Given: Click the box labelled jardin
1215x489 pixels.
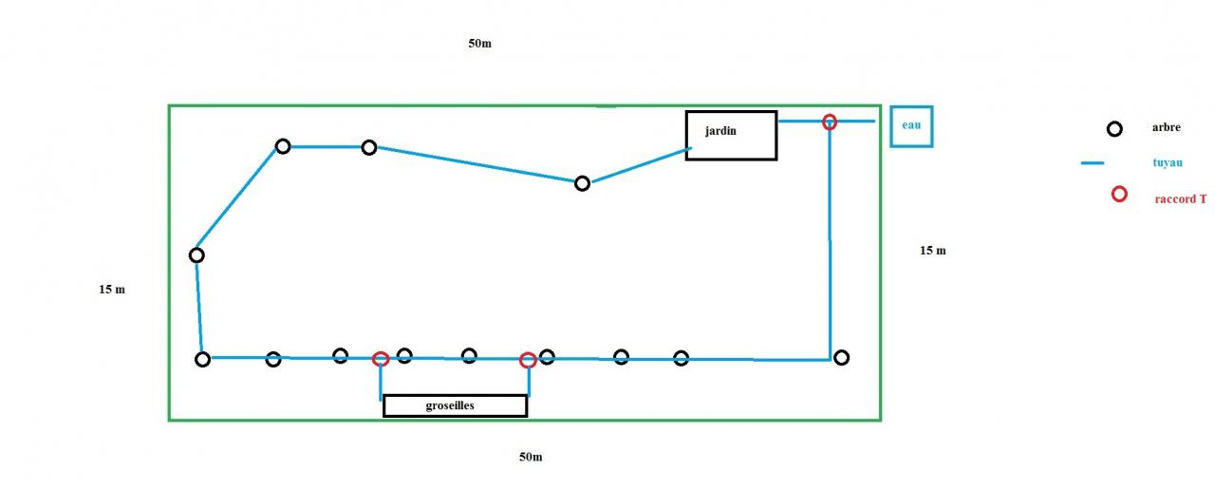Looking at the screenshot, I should [731, 135].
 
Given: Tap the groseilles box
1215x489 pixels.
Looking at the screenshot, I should [455, 405].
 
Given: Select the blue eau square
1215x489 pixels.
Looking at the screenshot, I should [911, 126].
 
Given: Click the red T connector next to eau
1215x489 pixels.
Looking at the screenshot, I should [830, 122].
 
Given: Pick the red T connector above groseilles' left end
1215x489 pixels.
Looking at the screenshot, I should [381, 358].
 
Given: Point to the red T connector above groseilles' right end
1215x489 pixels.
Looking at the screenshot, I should [528, 360].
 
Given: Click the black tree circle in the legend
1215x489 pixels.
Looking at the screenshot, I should [1115, 129].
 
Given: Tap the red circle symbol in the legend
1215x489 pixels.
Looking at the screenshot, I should [1119, 194].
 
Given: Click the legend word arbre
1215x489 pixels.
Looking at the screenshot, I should [1166, 128].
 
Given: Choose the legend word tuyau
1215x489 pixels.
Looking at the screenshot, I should [1167, 162].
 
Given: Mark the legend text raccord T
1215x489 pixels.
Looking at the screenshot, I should [1181, 199].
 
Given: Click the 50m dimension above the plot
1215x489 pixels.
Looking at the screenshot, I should [479, 44].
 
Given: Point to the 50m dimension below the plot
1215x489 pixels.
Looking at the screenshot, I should [531, 457].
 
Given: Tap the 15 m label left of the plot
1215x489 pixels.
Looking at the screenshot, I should [112, 290].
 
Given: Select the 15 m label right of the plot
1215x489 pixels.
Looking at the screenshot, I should [932, 251].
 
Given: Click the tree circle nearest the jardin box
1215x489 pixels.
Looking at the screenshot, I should [583, 183].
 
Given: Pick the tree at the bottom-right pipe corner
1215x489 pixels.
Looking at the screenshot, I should [841, 357].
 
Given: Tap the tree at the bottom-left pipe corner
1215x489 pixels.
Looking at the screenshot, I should [202, 359].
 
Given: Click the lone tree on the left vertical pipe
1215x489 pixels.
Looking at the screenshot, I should [196, 254].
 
